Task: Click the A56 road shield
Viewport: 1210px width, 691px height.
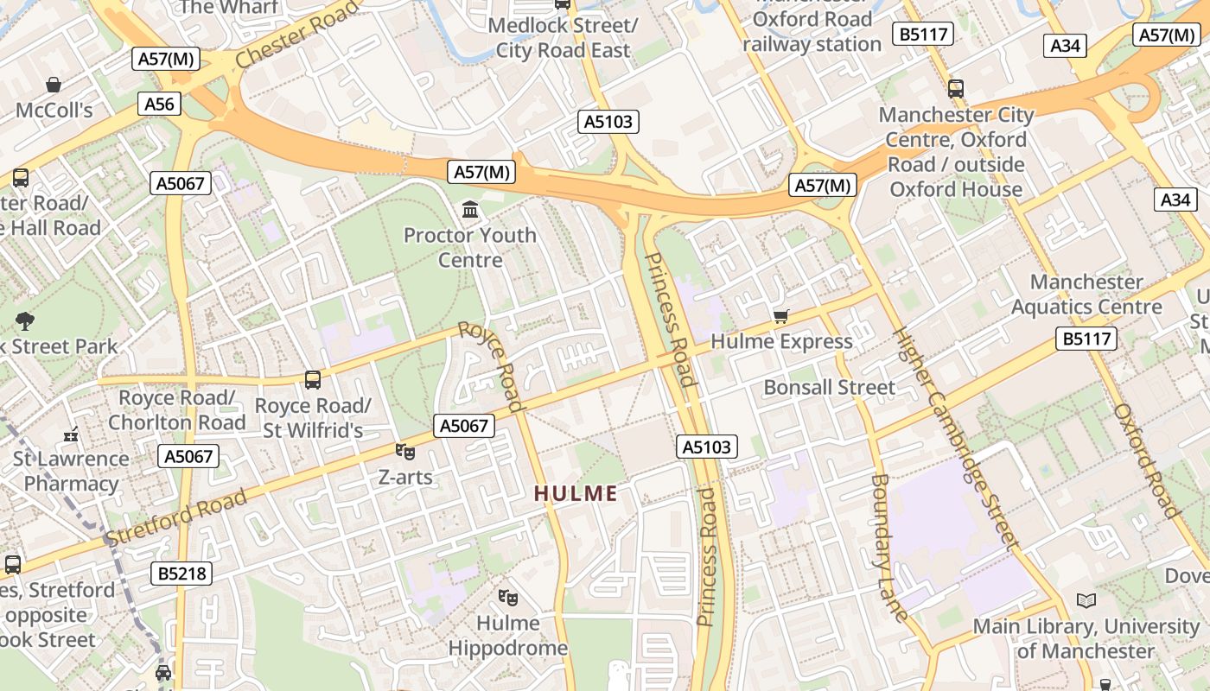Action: [x=159, y=105]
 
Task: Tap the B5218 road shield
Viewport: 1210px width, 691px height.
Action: [x=181, y=574]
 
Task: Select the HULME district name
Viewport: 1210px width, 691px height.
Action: [x=576, y=494]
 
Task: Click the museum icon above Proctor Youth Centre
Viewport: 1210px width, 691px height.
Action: [x=471, y=209]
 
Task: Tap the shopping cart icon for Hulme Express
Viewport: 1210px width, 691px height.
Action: [x=781, y=317]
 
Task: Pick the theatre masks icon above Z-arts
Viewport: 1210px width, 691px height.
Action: [x=404, y=451]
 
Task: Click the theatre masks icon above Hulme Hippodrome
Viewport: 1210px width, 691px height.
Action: [x=508, y=597]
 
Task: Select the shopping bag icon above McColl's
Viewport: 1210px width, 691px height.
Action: [x=54, y=85]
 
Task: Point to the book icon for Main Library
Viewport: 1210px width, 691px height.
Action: [x=1086, y=600]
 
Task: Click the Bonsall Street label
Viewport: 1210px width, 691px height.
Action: [x=829, y=388]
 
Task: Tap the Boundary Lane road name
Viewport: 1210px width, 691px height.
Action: [x=889, y=547]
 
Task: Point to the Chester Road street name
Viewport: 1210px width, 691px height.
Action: [x=296, y=35]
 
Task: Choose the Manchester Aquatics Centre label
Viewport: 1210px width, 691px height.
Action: [x=1086, y=295]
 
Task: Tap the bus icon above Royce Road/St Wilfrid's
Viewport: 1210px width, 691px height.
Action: [x=313, y=379]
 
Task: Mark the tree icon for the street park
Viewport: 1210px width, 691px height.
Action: [x=25, y=321]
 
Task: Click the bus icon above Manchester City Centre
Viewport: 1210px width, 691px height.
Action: [x=956, y=88]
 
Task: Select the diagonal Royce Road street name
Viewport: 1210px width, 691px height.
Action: [x=491, y=365]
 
